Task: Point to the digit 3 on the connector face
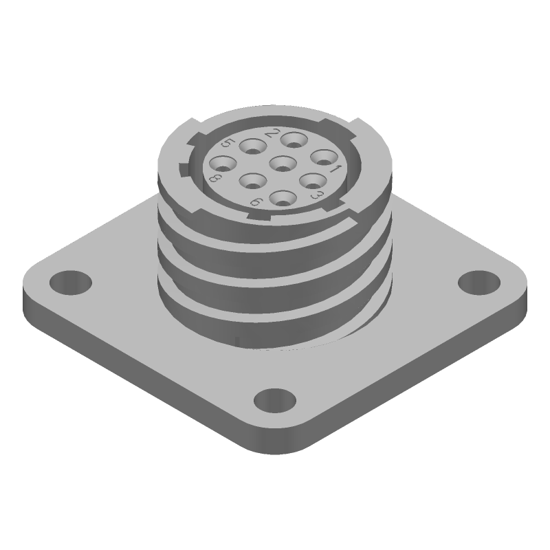point(317,196)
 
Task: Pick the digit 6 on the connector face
point(255,201)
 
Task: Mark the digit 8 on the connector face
point(214,180)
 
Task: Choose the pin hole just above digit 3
point(313,181)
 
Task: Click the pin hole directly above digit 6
point(252,181)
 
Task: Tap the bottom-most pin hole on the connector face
point(281,199)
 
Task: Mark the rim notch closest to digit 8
point(181,168)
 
